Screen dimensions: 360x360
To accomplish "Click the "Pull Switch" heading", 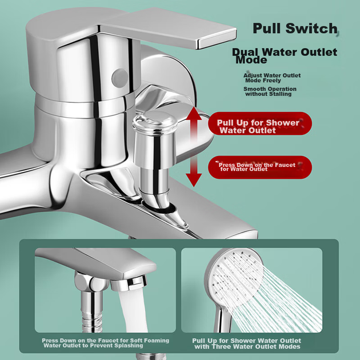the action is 295,29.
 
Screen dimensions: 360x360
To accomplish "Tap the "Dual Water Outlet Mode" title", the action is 285,55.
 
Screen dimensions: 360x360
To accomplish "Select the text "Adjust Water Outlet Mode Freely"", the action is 272,78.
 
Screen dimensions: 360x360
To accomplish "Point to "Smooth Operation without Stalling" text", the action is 270,91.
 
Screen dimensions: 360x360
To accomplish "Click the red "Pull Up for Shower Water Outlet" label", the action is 259,123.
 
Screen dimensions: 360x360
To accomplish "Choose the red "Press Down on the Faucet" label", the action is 259,167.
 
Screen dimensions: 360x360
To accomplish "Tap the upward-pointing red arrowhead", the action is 194,113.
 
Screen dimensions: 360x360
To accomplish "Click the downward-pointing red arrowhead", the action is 194,180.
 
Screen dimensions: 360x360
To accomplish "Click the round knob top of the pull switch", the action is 155,120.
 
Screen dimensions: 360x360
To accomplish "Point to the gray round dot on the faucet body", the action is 119,78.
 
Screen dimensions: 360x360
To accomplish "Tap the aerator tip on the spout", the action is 129,283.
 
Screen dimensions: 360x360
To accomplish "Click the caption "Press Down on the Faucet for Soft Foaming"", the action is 105,340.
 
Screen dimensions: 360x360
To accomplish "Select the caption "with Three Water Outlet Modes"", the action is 247,346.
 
